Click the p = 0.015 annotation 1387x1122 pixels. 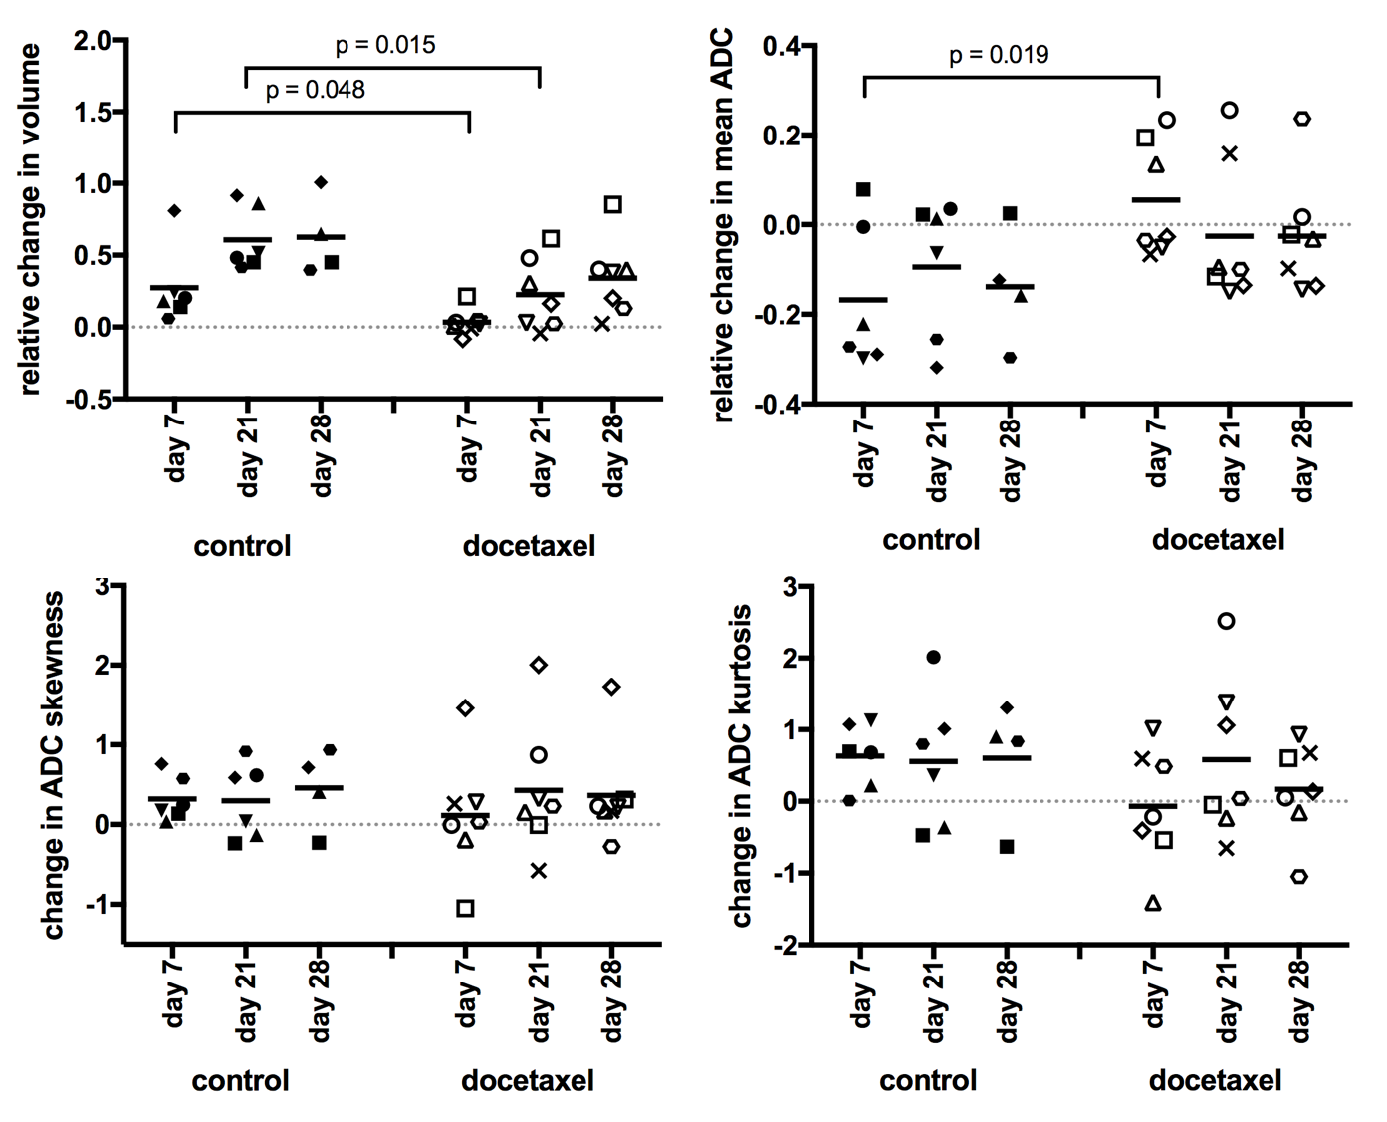pos(385,45)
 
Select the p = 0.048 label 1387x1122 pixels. pos(316,90)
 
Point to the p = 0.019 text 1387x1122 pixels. pos(999,54)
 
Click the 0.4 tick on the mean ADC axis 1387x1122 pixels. pos(783,46)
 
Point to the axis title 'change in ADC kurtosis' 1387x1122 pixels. pos(742,765)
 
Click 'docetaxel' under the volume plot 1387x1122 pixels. pos(529,546)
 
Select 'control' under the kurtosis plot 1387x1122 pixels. pos(928,1080)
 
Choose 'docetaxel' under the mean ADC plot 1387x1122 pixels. pos(1218,540)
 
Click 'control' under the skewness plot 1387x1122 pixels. pos(241,1080)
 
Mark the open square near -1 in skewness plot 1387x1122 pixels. pos(465,908)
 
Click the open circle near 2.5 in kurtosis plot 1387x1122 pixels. pos(1227,621)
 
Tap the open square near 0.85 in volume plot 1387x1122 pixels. pos(613,205)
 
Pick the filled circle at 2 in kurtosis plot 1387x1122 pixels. pos(933,657)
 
